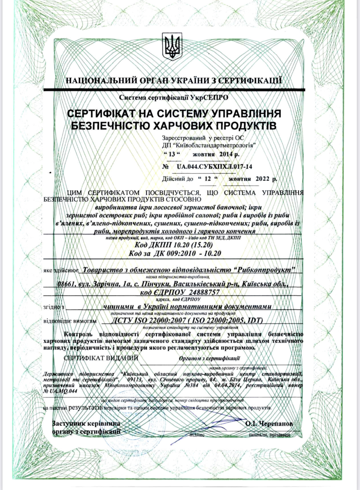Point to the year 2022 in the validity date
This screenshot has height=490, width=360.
263,179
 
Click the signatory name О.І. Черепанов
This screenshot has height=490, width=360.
269,424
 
